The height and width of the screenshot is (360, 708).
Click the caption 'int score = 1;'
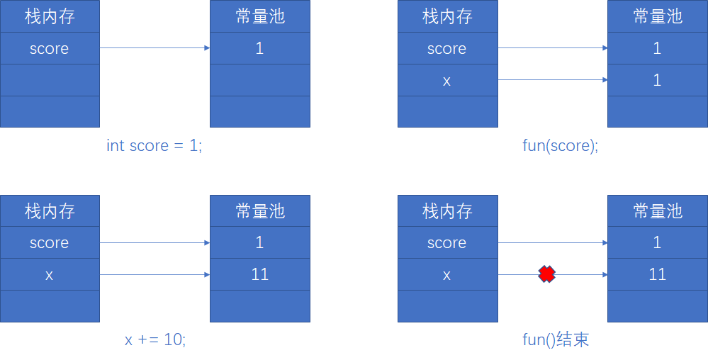[x=154, y=146]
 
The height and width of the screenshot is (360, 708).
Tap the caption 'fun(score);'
[x=560, y=146]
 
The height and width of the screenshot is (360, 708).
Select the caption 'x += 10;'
[x=155, y=339]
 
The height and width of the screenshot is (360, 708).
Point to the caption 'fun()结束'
[x=556, y=339]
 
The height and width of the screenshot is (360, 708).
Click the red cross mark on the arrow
[x=546, y=274]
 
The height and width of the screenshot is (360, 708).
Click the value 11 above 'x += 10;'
[x=260, y=274]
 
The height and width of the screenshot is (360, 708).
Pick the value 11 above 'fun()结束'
[x=657, y=274]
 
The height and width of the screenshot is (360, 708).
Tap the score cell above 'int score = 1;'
[x=50, y=48]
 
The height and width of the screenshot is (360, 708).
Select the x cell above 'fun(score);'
[x=446, y=80]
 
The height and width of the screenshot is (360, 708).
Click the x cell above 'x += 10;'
[x=50, y=274]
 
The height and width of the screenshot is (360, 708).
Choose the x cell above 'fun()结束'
[x=446, y=274]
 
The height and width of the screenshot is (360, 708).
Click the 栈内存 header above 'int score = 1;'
[x=50, y=16]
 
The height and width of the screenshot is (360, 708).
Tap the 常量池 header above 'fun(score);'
[x=657, y=16]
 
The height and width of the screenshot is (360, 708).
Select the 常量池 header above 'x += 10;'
[x=260, y=210]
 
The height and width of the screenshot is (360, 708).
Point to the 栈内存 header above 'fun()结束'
[x=446, y=210]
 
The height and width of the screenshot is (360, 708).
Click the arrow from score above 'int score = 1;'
[x=154, y=48]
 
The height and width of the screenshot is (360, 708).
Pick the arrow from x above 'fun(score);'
[x=553, y=80]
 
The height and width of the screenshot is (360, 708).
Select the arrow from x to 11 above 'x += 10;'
[x=154, y=274]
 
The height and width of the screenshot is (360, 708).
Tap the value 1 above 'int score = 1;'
[x=260, y=48]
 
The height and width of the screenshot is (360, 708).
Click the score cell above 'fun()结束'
[x=446, y=242]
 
